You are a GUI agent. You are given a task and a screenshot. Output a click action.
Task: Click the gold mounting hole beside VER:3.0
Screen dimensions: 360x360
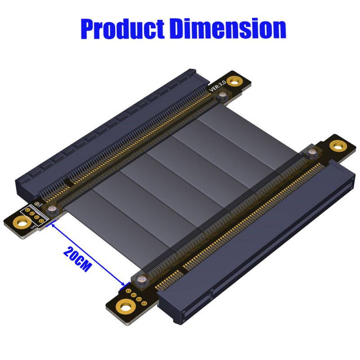[x=233, y=81]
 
